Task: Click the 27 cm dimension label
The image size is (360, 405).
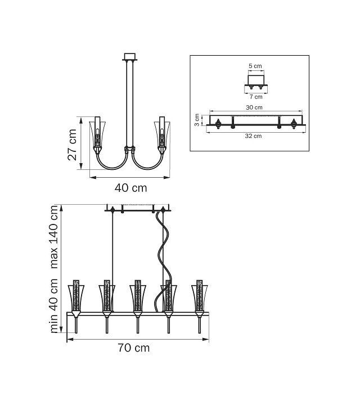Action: click(x=72, y=145)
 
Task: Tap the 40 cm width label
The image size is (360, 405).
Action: click(x=130, y=188)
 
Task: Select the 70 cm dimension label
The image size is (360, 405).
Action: click(x=133, y=348)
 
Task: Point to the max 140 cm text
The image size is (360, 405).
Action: click(x=53, y=237)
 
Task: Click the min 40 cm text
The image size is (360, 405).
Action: click(x=53, y=305)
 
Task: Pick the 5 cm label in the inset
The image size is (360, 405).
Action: click(x=255, y=66)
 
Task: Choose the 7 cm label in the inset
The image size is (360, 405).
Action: click(x=256, y=97)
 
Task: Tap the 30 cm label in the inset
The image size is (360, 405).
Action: click(x=254, y=107)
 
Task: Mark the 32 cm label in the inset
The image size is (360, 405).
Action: click(x=253, y=136)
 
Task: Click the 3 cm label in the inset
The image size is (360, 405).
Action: click(x=197, y=120)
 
